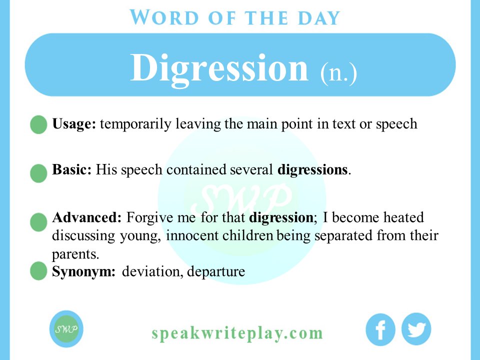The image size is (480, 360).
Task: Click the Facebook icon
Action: (380, 330)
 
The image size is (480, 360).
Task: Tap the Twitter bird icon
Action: (416, 329)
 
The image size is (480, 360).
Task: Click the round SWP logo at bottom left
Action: (66, 329)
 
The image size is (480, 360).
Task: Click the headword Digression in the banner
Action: (219, 68)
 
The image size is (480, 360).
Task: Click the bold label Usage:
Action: (74, 124)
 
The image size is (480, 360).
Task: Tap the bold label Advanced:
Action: (87, 218)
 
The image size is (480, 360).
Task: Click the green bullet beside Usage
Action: (38, 125)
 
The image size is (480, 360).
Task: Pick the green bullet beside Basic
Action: (38, 173)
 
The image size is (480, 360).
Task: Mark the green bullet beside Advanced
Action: (38, 222)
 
